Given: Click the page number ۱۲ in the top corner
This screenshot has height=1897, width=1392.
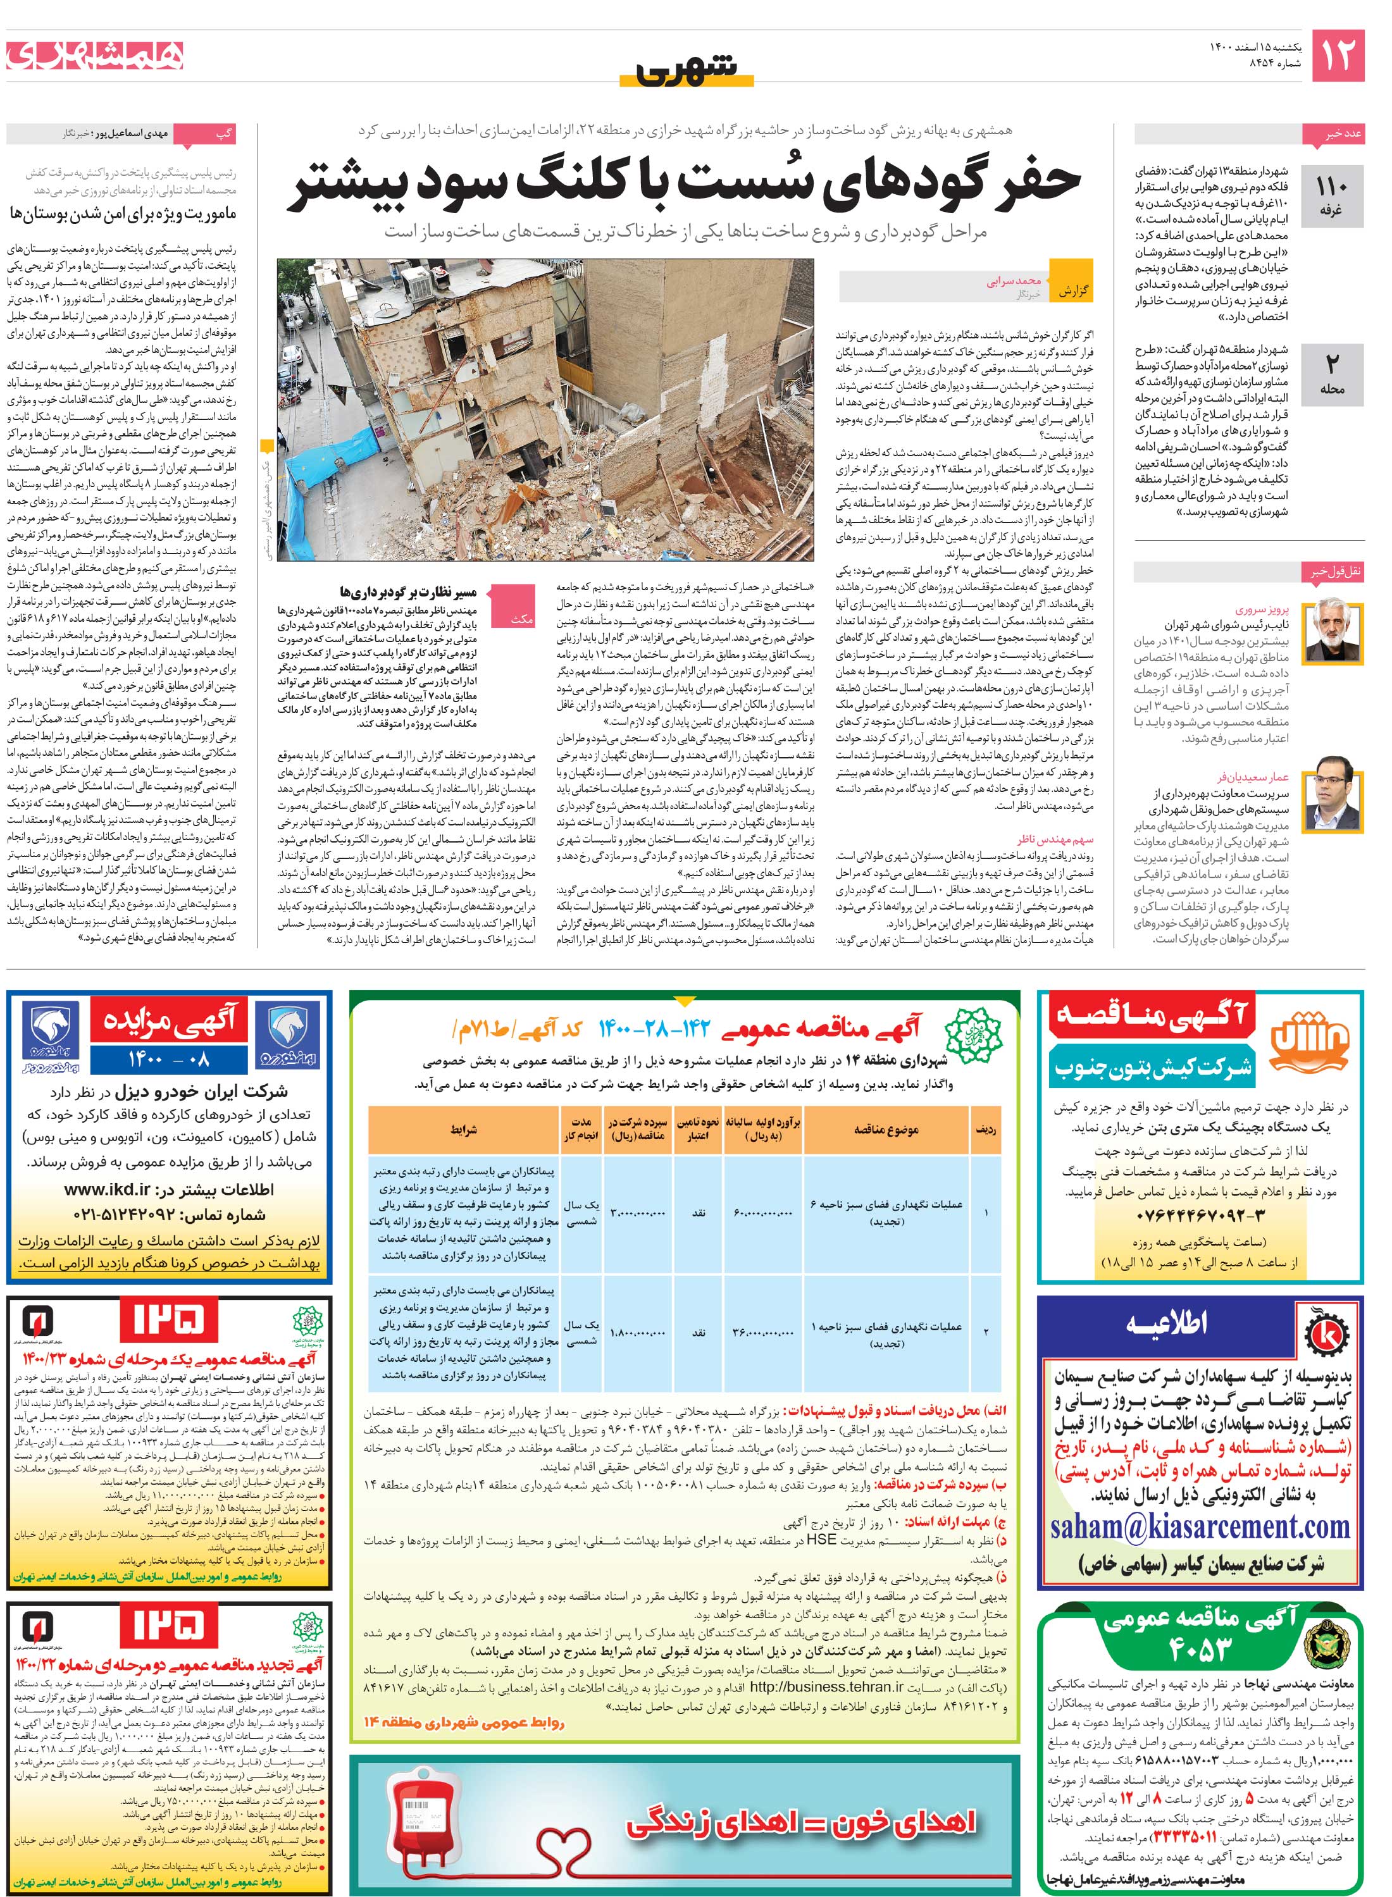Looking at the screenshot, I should coord(1337,55).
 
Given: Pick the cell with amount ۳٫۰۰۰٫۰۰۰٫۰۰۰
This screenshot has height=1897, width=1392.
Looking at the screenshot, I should coord(637,1213).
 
